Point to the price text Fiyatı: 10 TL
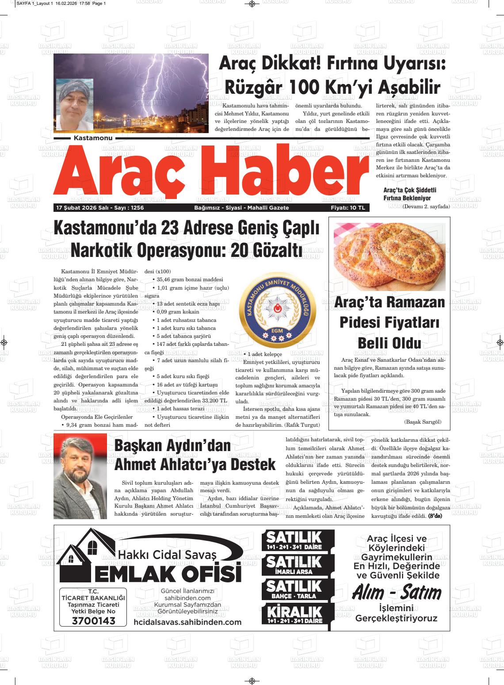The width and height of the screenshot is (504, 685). point(348,208)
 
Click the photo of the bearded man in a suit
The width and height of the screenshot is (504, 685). point(80,476)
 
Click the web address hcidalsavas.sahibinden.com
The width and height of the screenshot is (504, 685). point(187,622)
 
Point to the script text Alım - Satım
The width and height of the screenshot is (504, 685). point(396,593)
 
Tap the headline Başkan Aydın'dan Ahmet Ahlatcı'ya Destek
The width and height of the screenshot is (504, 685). point(195,455)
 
